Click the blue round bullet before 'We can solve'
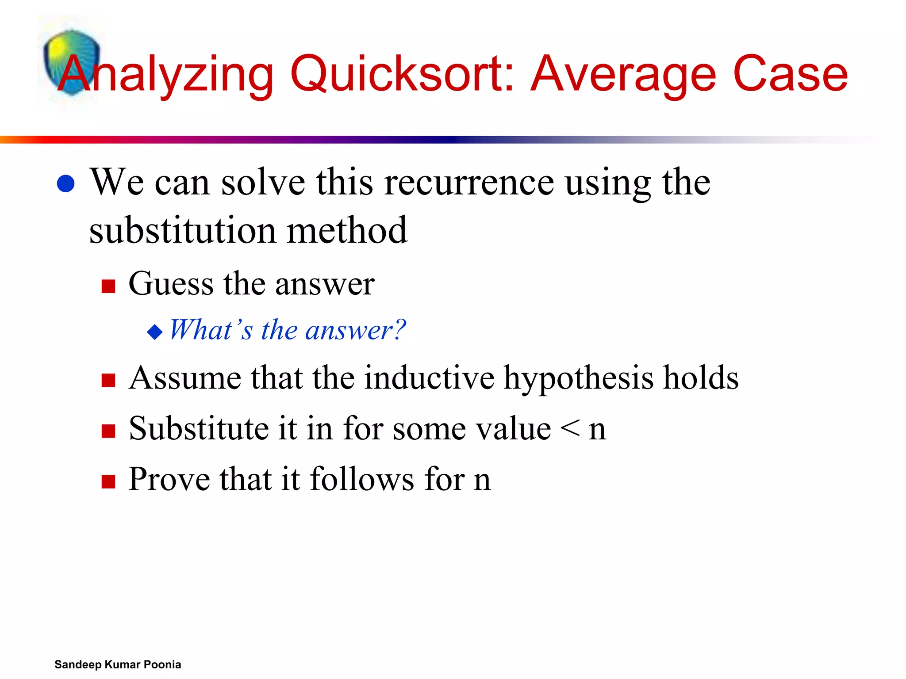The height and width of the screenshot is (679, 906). tap(66, 183)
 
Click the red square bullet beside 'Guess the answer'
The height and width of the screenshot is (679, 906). tap(108, 286)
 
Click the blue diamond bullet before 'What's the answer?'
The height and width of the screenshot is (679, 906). tap(155, 332)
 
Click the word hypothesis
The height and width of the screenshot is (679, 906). tap(578, 379)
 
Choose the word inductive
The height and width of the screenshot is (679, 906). tap(429, 378)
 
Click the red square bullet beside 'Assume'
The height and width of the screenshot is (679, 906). tap(108, 381)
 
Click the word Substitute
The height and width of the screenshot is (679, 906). tap(198, 428)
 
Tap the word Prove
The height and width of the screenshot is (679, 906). tap(169, 479)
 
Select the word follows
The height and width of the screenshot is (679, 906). tap(362, 479)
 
